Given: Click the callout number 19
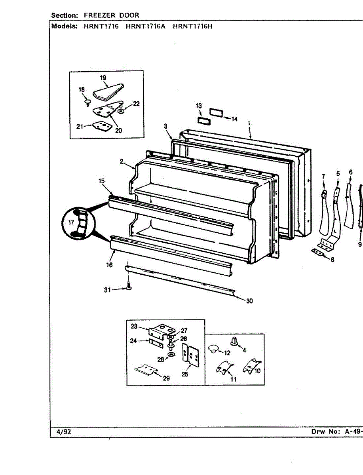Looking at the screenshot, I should point(103,78).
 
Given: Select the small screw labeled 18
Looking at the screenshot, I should point(87,102).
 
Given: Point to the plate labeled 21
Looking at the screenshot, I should point(100,126).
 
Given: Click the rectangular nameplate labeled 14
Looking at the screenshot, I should point(216,112).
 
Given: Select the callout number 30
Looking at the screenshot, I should point(249,301).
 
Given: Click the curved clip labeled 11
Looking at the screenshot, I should point(224,369).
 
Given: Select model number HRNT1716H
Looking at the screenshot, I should point(193,27).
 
